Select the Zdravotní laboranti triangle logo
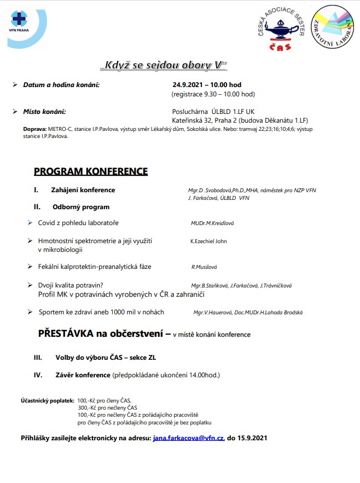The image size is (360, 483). point(332,27)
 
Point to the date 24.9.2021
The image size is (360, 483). point(188,85)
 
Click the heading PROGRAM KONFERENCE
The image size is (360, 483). point(91,171)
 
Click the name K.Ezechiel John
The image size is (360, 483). point(208,241)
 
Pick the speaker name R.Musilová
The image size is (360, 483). point(204,267)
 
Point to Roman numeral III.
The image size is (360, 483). point(38,358)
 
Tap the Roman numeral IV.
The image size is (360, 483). point(38,375)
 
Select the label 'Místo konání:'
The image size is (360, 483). point(44,111)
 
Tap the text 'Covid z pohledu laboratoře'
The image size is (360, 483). point(78,223)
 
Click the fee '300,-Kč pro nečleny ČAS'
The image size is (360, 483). point(107,407)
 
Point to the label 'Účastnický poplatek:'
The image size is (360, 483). point(47,400)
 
